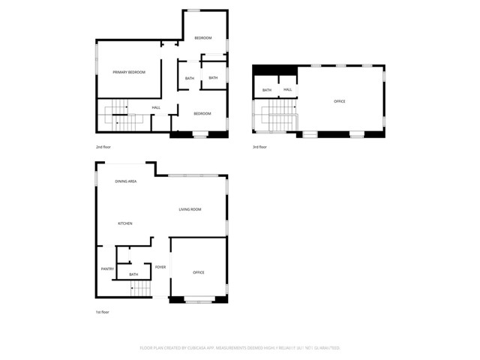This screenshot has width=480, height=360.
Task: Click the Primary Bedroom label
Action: pyautogui.click(x=128, y=72)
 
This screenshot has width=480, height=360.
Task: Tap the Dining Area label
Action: pyautogui.click(x=126, y=182)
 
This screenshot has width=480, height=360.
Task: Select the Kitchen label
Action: pyautogui.click(x=125, y=223)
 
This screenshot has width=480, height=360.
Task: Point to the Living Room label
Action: pyautogui.click(x=190, y=209)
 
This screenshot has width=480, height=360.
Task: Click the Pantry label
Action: pyautogui.click(x=107, y=268)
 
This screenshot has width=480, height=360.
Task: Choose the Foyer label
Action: pyautogui.click(x=160, y=267)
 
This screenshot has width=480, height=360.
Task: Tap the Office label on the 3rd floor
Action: pyautogui.click(x=340, y=100)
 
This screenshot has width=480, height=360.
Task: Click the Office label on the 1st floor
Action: pyautogui.click(x=199, y=272)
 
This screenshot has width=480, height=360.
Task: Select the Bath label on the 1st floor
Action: pyautogui.click(x=133, y=274)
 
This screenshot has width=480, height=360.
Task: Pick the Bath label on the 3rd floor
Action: pyautogui.click(x=267, y=91)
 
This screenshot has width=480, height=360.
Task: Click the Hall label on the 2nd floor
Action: pyautogui.click(x=156, y=107)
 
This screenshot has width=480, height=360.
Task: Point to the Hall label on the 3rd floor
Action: pyautogui.click(x=287, y=90)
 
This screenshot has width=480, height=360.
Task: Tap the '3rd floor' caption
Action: pyautogui.click(x=259, y=147)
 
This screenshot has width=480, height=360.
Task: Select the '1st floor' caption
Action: pyautogui.click(x=103, y=311)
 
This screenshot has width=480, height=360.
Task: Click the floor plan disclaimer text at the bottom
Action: pyautogui.click(x=240, y=348)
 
